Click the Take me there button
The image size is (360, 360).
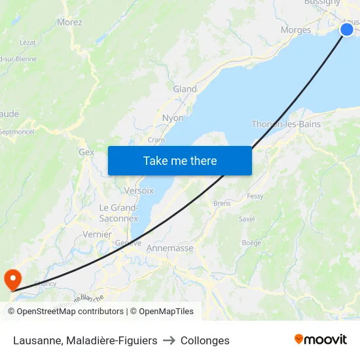[x=180, y=160]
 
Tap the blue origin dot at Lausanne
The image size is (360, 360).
[x=347, y=29]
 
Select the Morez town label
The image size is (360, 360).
[x=69, y=22]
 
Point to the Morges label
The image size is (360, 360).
[x=295, y=30]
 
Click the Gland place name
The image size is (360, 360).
[x=185, y=89]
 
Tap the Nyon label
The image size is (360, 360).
[x=173, y=118]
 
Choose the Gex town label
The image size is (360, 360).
[x=86, y=152]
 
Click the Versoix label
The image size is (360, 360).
[x=139, y=190]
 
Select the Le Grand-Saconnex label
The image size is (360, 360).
[x=118, y=213]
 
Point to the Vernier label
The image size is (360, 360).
[x=98, y=234]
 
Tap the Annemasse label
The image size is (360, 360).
[x=170, y=249]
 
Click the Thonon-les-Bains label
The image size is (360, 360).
[x=286, y=124]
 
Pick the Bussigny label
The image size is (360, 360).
[x=322, y=3]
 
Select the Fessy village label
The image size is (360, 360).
[x=255, y=196]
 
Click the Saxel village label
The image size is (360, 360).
[x=246, y=219]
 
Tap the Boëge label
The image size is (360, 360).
[x=251, y=243]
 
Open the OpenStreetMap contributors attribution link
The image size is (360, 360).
[x=70, y=312]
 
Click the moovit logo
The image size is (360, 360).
[x=321, y=340]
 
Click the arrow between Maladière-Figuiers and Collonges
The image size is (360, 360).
[x=169, y=340]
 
